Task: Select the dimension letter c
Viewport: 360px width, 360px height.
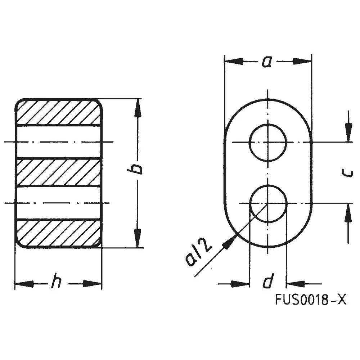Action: [347, 174]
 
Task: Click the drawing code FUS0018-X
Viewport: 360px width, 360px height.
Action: [310, 300]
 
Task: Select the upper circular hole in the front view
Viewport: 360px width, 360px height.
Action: [268, 143]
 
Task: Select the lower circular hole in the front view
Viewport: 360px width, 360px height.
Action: [268, 203]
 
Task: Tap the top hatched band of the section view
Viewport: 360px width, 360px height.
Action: [58, 112]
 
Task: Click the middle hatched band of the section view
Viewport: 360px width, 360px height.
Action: [58, 172]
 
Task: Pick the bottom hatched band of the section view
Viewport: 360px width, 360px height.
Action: [58, 234]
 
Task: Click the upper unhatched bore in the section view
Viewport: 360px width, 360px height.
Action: [58, 142]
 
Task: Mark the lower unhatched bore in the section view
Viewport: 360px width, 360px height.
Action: [58, 203]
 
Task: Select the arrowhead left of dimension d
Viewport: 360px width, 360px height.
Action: [239, 284]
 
